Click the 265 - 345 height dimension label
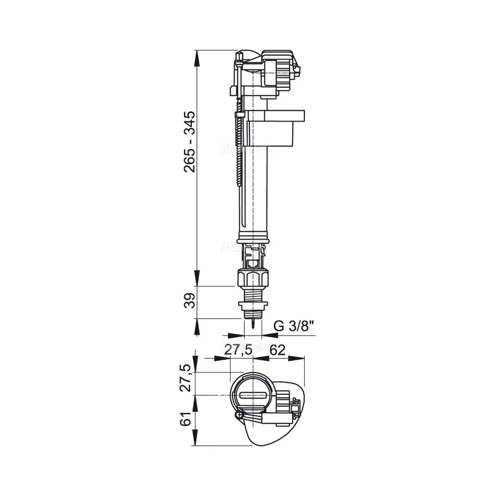coord(189,141)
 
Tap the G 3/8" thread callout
coord(295,326)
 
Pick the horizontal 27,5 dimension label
coord(239,350)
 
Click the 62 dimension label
coord(278,350)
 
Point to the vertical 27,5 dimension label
coord(186,378)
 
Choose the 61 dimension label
coord(186,419)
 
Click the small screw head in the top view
coord(239,413)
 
